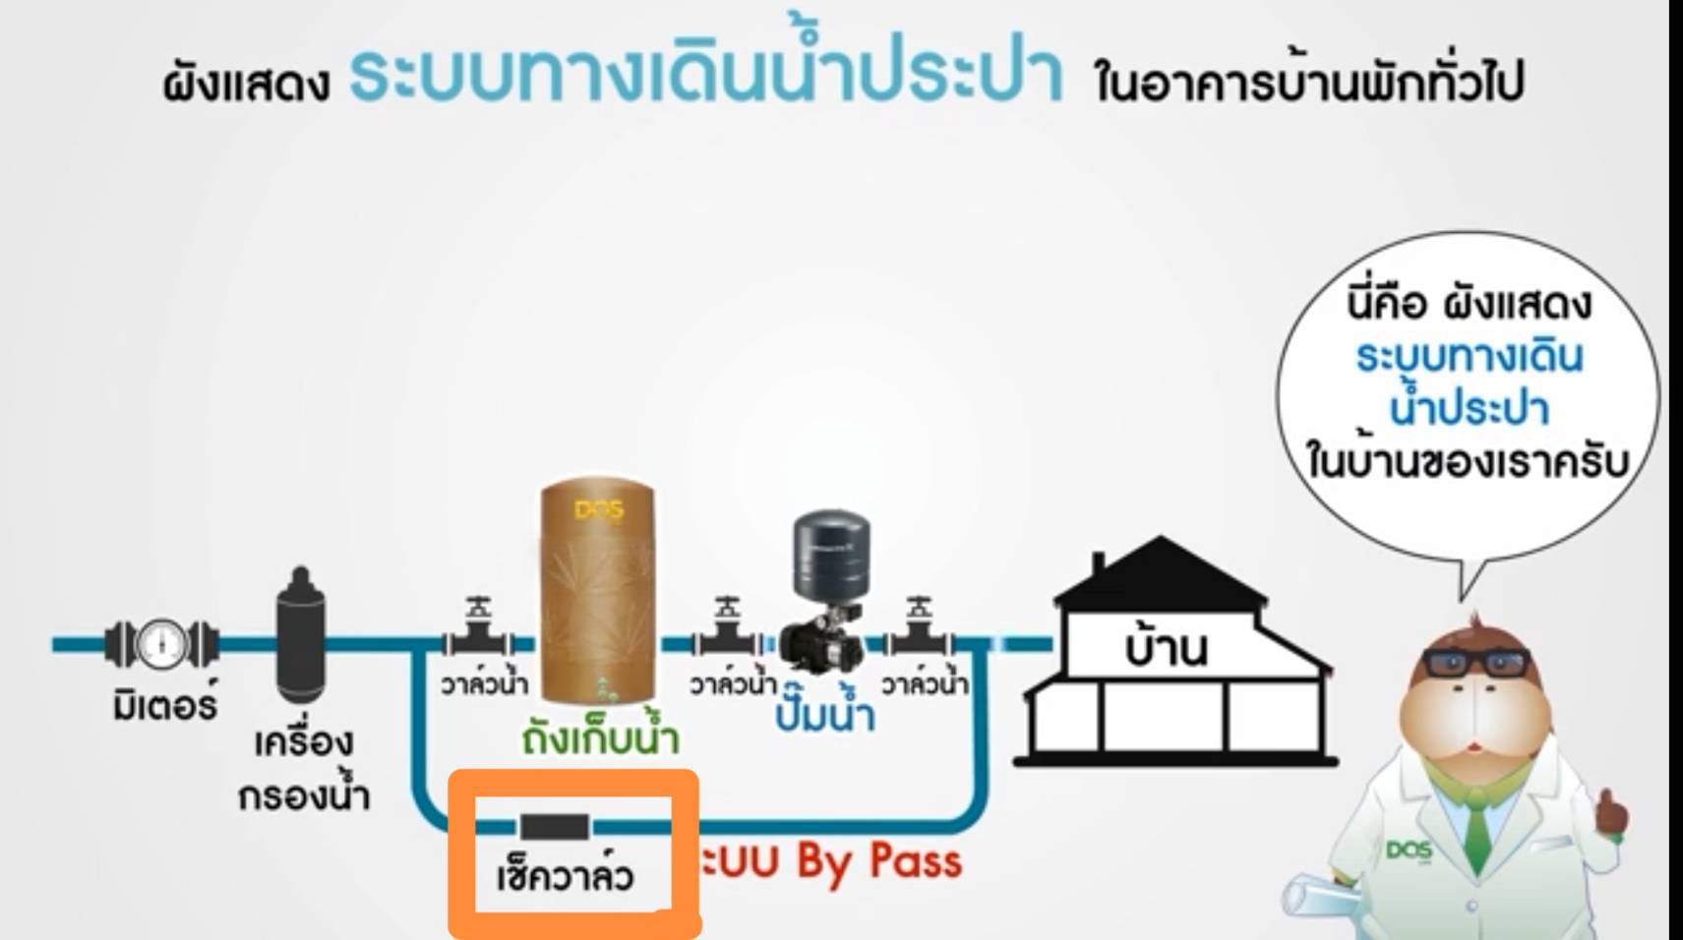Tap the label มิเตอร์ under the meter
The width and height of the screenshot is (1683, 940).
tap(164, 704)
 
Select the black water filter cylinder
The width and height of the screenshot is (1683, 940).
tap(301, 634)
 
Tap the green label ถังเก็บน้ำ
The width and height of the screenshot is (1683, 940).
tap(600, 738)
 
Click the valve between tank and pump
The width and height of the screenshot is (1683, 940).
tap(727, 634)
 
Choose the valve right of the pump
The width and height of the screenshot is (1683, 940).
tap(919, 634)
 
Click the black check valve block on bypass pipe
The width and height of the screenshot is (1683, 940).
tap(555, 827)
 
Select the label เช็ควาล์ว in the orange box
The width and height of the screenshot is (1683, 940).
tap(565, 875)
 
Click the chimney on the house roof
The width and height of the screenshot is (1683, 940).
tap(1098, 565)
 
